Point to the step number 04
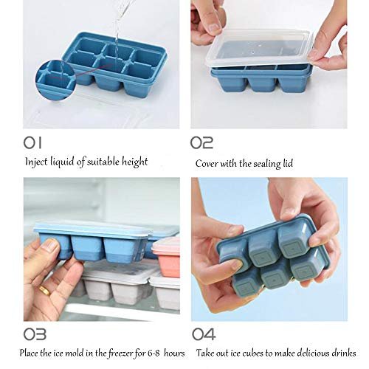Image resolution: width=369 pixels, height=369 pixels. [202, 334]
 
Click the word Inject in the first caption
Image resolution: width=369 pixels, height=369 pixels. [37, 161]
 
